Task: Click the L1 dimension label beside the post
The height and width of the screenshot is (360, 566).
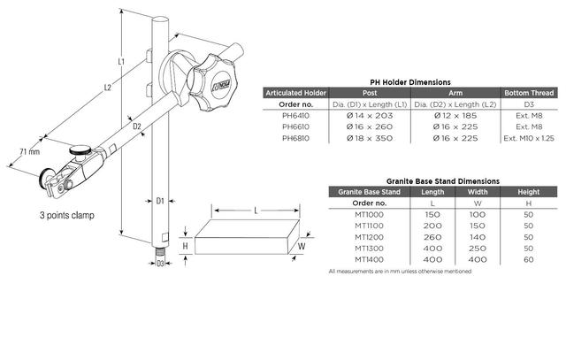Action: tap(121, 61)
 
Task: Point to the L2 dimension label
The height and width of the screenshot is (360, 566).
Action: tap(108, 88)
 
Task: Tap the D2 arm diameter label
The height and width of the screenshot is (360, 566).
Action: tap(137, 126)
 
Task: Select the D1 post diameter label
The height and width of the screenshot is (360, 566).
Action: tap(160, 201)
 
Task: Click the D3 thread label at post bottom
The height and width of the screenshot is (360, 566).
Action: tap(160, 264)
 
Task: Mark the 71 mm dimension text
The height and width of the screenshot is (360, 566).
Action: tap(29, 151)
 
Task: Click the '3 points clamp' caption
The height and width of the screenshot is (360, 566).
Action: tap(67, 215)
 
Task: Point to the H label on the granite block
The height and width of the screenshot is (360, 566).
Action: tap(185, 246)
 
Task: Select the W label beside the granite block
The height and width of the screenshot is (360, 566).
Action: tap(302, 247)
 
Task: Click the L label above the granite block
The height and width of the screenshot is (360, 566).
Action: tap(256, 211)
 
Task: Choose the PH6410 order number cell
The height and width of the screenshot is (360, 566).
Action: tap(295, 116)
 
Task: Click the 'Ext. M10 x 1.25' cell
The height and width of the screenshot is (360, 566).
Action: tap(529, 138)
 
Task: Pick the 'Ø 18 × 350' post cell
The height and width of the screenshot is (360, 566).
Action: tap(370, 138)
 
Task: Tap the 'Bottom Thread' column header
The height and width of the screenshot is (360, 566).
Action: tap(529, 93)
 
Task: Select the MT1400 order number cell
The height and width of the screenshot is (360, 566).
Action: tap(369, 260)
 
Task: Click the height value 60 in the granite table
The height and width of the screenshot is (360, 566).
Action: tap(529, 260)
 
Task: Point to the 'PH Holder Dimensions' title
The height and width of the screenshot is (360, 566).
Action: tap(410, 82)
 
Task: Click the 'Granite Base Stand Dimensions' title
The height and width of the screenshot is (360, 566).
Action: tap(443, 181)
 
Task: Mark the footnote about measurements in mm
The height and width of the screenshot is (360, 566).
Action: tap(400, 272)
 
